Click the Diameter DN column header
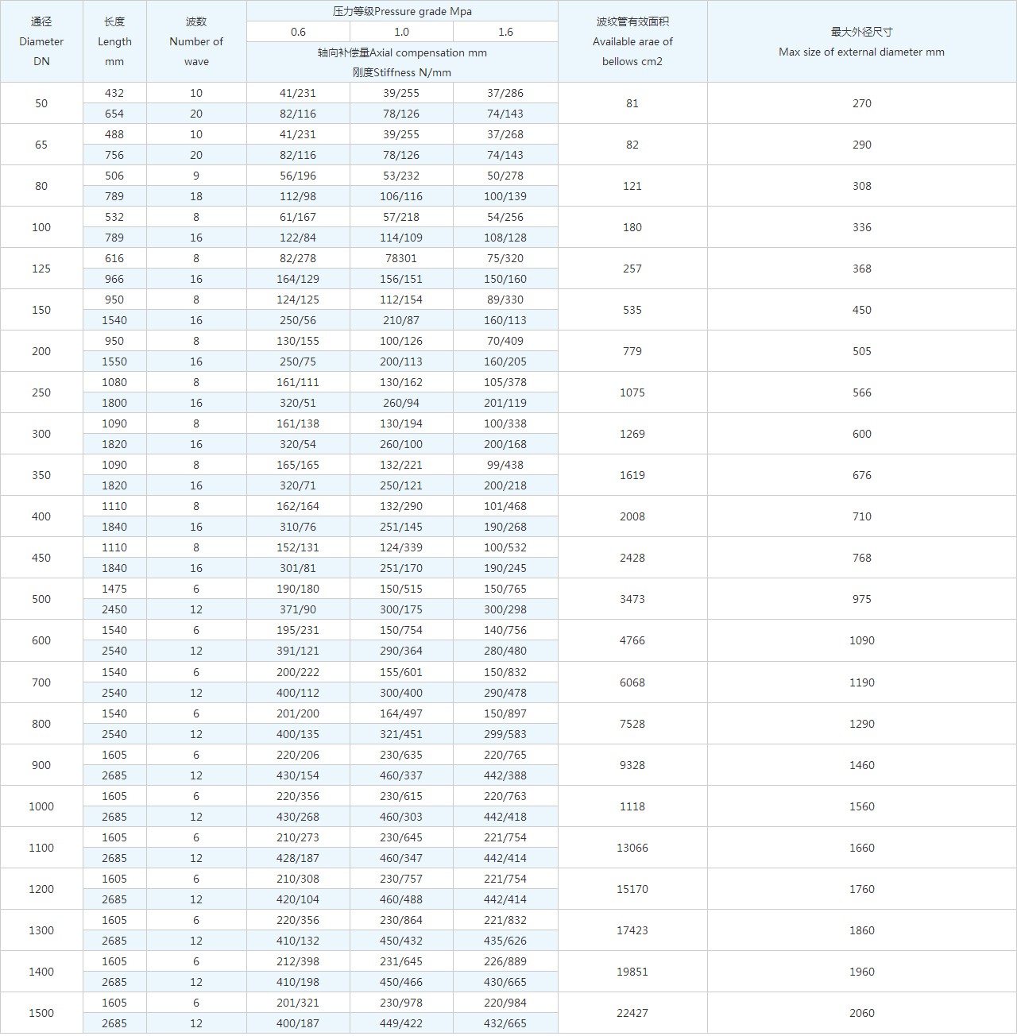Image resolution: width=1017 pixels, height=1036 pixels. [41, 41]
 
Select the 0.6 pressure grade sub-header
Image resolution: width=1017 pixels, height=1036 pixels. [298, 32]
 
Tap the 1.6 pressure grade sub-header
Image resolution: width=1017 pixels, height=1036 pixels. [505, 32]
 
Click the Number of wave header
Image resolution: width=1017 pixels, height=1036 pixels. [196, 41]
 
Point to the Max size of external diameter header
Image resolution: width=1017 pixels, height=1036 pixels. [861, 42]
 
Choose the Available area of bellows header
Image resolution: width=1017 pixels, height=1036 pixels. [632, 41]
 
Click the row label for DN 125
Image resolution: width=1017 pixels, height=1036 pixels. [41, 269]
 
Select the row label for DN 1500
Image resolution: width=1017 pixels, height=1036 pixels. [41, 1013]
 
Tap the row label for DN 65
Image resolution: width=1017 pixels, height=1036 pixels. [41, 145]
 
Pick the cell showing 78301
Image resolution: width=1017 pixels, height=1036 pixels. [401, 258]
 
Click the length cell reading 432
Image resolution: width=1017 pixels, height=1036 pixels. [114, 93]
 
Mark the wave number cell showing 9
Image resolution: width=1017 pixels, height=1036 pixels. [196, 176]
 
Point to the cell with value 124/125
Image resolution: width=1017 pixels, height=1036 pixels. [298, 300]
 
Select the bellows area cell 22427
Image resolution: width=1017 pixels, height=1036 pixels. [632, 1013]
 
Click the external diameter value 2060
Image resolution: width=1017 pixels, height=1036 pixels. [861, 1013]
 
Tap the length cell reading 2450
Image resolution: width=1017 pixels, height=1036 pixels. [114, 609]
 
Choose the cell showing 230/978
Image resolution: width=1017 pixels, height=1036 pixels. [401, 1003]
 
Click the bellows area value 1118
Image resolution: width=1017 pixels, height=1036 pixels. [632, 806]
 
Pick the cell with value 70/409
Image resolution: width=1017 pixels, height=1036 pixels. [505, 341]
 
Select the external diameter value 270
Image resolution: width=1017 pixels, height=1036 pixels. [861, 103]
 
